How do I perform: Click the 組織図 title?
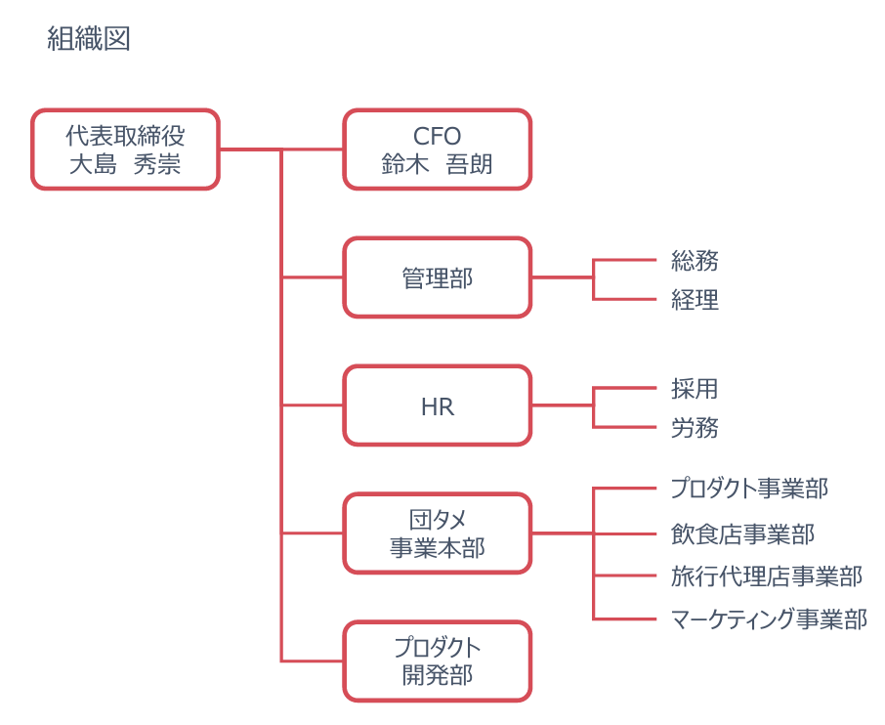click(89, 39)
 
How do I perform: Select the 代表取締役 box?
click(125, 149)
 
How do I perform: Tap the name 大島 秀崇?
click(125, 164)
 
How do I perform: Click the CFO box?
click(438, 149)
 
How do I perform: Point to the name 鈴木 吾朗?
click(438, 164)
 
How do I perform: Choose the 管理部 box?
click(438, 277)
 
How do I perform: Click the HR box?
click(438, 405)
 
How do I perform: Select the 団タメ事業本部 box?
click(438, 533)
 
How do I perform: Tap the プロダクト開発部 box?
click(438, 661)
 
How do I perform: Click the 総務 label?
click(695, 261)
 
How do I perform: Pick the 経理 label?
click(695, 300)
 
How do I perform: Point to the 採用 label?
click(695, 389)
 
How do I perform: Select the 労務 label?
click(695, 428)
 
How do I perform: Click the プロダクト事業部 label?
click(749, 489)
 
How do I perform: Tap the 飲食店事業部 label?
click(742, 534)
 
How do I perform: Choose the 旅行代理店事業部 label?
click(767, 576)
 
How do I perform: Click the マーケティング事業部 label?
click(769, 619)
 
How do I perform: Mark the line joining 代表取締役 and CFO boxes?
click(281, 149)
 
